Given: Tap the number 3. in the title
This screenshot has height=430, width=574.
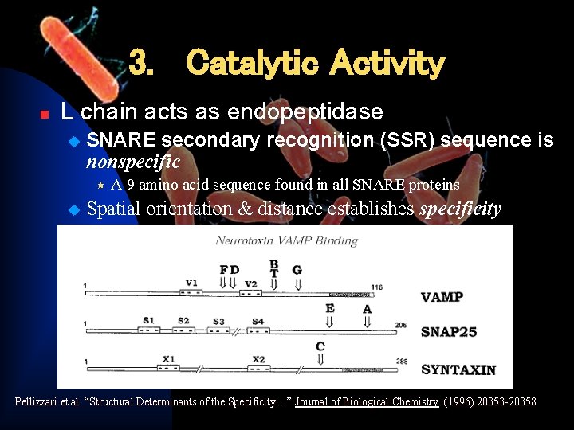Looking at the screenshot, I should [142, 63].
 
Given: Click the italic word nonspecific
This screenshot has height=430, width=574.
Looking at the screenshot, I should [133, 162].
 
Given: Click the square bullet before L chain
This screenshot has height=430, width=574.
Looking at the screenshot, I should [45, 114].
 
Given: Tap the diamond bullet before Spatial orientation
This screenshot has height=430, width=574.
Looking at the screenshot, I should [74, 210].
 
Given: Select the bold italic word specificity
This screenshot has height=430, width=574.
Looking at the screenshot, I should [460, 209].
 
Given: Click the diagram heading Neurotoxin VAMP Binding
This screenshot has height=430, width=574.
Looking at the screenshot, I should [286, 240].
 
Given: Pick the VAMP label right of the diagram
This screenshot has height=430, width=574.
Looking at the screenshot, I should [442, 297].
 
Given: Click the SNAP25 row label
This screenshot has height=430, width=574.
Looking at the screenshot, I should [449, 331].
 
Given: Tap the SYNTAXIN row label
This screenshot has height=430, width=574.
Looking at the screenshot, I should [458, 369].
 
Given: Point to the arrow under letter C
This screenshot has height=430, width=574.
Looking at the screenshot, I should [320, 359].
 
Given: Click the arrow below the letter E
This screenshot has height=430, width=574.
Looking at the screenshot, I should [329, 322].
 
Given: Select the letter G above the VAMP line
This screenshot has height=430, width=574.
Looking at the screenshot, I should [297, 270].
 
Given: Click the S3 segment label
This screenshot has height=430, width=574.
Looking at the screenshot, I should [218, 321].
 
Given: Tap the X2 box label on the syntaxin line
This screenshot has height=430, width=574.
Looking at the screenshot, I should [259, 359].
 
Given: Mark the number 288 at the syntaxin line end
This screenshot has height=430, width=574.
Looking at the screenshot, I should [402, 362].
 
